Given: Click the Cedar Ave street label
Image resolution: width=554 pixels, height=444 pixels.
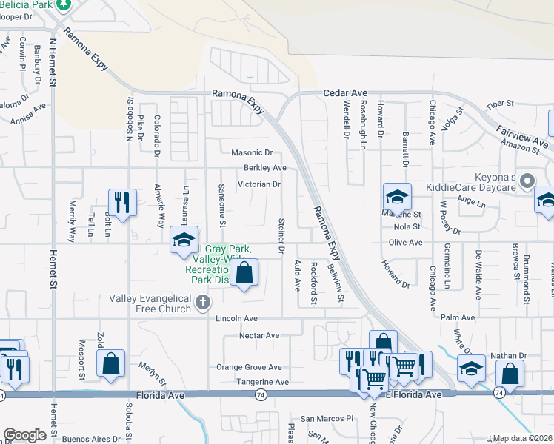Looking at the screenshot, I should [x=345, y=93].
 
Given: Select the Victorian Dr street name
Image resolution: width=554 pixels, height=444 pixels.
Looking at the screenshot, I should [x=259, y=184].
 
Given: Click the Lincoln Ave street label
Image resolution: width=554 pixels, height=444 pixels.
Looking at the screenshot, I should [x=236, y=318].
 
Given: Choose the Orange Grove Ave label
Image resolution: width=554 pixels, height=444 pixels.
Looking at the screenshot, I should [x=249, y=367].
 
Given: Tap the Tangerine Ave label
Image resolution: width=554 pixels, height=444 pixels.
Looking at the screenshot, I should [x=261, y=382].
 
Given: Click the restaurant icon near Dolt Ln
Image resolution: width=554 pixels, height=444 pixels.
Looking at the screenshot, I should [x=120, y=202].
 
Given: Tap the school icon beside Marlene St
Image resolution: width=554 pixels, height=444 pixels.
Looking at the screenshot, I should [x=397, y=198].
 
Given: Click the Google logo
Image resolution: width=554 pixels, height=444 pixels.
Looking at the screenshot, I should [x=24, y=435].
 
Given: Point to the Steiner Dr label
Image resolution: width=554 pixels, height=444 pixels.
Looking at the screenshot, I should [x=281, y=235].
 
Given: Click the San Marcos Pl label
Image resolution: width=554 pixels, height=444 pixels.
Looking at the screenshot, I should [x=323, y=419].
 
